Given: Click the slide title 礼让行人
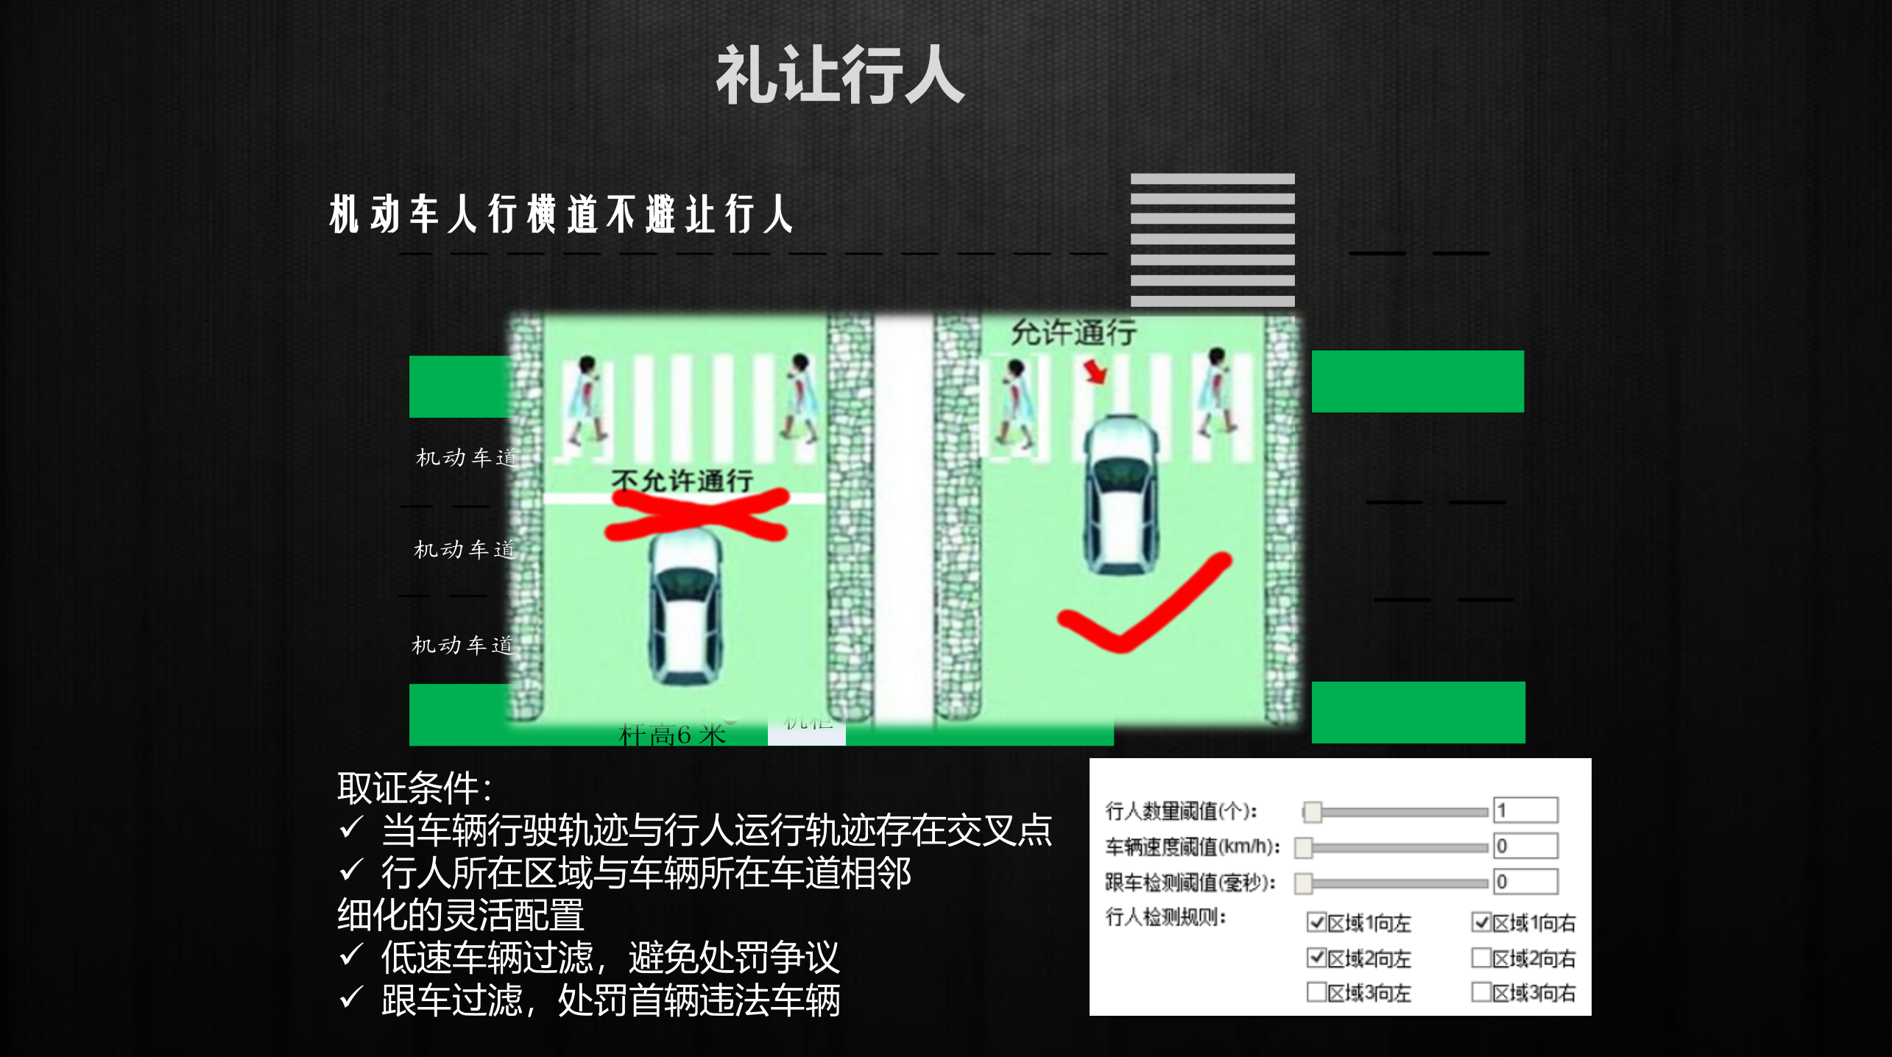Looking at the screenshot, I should click(839, 75).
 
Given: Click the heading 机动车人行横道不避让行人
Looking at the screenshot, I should click(561, 214).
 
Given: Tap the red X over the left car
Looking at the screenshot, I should click(696, 515).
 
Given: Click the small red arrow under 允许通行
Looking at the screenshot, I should click(1095, 371).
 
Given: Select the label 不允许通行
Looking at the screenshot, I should click(682, 481).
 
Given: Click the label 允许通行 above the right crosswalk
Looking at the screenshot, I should click(1073, 333).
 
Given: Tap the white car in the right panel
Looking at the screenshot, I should click(1120, 493).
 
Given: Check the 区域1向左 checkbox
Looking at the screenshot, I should click(1316, 922).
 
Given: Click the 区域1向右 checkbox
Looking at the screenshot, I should click(1481, 922).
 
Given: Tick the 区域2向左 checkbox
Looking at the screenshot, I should click(1316, 957).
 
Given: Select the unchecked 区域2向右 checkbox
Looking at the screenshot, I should click(1481, 957).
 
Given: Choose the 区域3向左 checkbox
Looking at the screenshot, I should click(1316, 992).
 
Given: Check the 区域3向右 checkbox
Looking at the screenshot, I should click(1481, 992).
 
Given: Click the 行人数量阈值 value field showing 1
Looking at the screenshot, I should click(1525, 810).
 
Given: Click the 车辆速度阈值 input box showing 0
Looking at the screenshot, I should click(1525, 846).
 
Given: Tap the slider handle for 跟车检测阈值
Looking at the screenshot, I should click(1304, 882).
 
